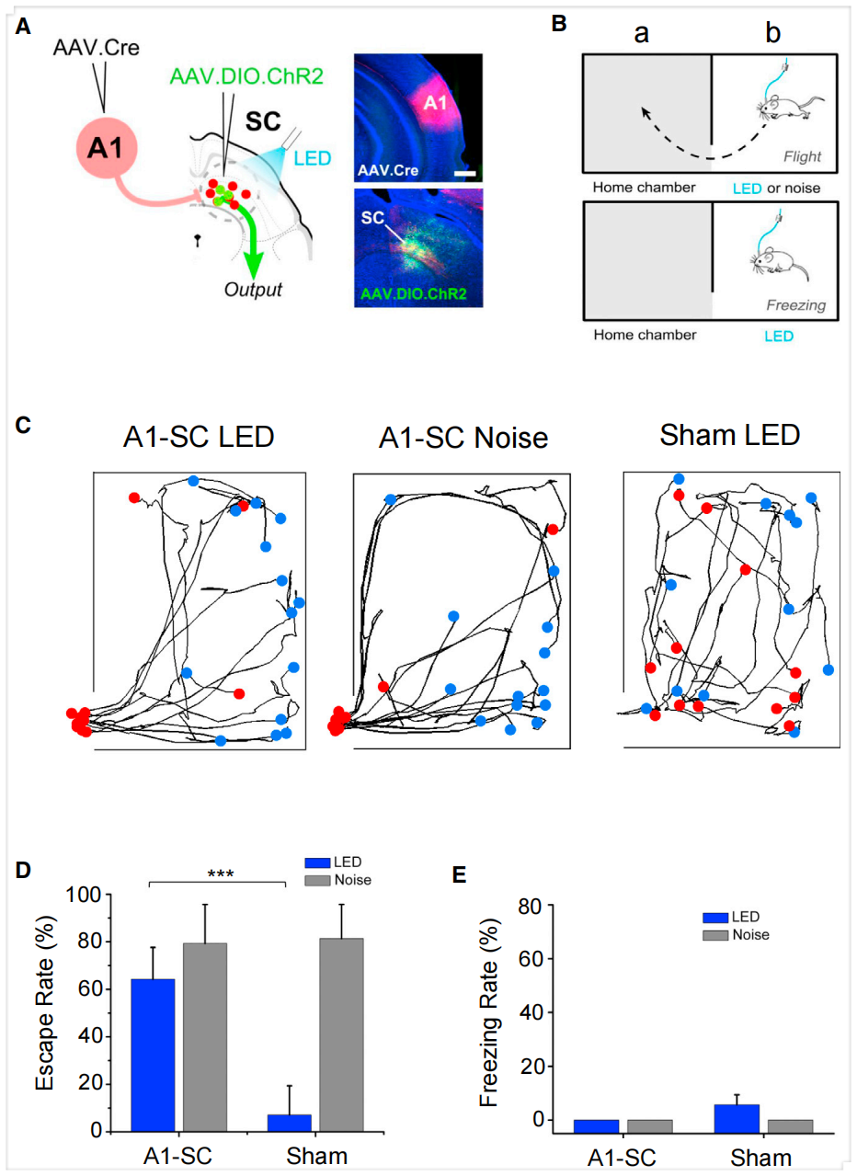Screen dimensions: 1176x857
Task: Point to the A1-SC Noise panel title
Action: pos(463,439)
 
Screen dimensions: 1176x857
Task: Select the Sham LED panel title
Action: pos(728,435)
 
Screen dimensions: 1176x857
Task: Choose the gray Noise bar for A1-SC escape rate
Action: pos(204,1036)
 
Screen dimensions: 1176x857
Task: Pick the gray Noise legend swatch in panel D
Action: pos(317,881)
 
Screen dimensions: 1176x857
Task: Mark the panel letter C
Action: pos(24,425)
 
